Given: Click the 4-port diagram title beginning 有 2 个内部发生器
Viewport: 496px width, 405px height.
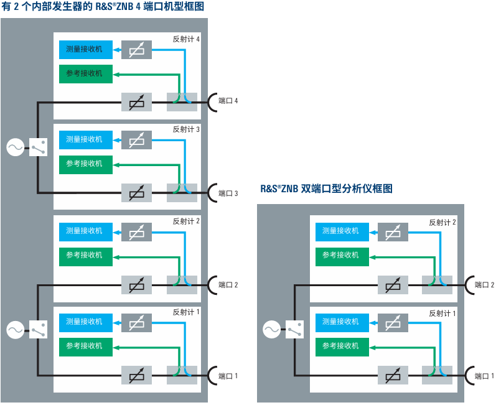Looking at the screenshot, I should point(102,6).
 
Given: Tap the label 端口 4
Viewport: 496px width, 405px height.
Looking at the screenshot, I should point(228,101).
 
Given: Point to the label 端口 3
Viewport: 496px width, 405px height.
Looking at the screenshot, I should point(228,193).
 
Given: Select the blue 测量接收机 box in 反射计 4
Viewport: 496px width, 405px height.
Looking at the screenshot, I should point(85,49).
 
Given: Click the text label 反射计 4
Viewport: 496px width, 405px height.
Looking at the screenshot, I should point(186,39).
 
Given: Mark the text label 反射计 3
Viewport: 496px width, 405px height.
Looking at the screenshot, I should point(186,130).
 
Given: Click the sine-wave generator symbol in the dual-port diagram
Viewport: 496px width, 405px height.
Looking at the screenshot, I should point(272,330).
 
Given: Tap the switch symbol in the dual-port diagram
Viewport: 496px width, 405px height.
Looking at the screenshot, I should point(294,330).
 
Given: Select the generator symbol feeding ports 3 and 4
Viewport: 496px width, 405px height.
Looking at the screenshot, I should point(15,147).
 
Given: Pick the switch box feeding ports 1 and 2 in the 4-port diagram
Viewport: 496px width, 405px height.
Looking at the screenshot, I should point(38,330).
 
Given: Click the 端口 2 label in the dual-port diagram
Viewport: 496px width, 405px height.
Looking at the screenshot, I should point(484,285).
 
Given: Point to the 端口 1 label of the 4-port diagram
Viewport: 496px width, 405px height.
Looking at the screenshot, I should point(228,376).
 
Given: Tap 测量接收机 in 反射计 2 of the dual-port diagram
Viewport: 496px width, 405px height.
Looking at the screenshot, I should point(340,231).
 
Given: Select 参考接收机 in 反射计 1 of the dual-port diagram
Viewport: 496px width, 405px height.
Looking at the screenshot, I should point(340,346).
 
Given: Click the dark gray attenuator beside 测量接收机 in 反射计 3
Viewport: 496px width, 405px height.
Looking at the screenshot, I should point(136,140).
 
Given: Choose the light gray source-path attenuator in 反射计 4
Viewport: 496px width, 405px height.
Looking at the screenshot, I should point(136,101).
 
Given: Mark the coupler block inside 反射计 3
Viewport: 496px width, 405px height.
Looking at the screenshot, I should point(182,192).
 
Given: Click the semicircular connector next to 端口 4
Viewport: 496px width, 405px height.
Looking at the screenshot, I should point(211,101).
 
